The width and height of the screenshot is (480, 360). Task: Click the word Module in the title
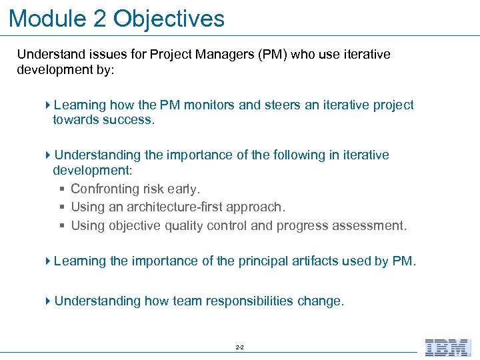(47, 18)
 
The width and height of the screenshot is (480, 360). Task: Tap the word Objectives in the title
(169, 18)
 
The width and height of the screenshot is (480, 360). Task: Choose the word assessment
(370, 225)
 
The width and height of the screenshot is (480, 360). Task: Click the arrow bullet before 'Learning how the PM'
(48, 105)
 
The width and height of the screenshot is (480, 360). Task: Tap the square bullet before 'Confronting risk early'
(62, 190)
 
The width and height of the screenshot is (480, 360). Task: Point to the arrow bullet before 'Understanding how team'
(48, 301)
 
